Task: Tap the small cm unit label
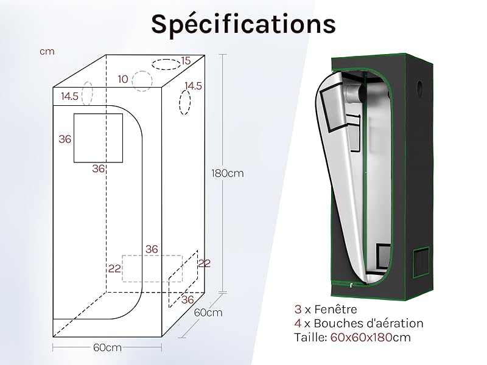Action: click(x=47, y=52)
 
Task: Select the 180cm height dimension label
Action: click(x=228, y=173)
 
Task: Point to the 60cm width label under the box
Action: click(x=107, y=347)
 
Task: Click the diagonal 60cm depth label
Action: click(x=208, y=312)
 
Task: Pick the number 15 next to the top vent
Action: click(x=186, y=61)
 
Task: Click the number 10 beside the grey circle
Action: click(x=123, y=80)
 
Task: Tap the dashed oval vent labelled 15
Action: click(x=166, y=64)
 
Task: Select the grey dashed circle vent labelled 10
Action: click(x=142, y=81)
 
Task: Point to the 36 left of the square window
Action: click(x=65, y=139)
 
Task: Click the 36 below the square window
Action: click(x=99, y=169)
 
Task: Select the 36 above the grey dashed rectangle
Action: click(x=152, y=249)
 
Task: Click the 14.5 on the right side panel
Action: click(x=193, y=86)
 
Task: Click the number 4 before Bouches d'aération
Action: click(x=298, y=324)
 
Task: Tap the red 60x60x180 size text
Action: click(x=361, y=338)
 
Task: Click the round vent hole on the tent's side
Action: click(x=420, y=85)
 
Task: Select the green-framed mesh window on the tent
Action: click(x=421, y=263)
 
